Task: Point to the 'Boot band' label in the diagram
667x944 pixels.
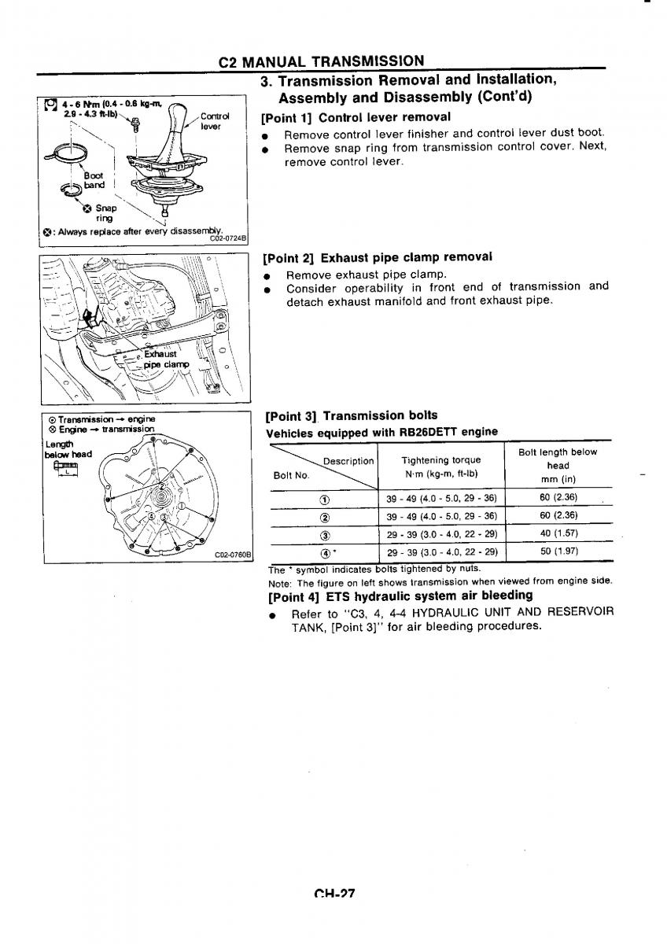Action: click(83, 181)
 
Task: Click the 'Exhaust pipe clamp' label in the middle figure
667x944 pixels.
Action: click(166, 360)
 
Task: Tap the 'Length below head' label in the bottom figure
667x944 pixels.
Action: click(68, 449)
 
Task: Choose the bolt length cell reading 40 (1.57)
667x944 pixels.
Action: click(558, 533)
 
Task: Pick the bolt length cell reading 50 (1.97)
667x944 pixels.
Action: click(558, 551)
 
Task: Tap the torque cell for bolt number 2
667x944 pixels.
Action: click(441, 516)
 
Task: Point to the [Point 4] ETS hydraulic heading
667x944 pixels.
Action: click(400, 596)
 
